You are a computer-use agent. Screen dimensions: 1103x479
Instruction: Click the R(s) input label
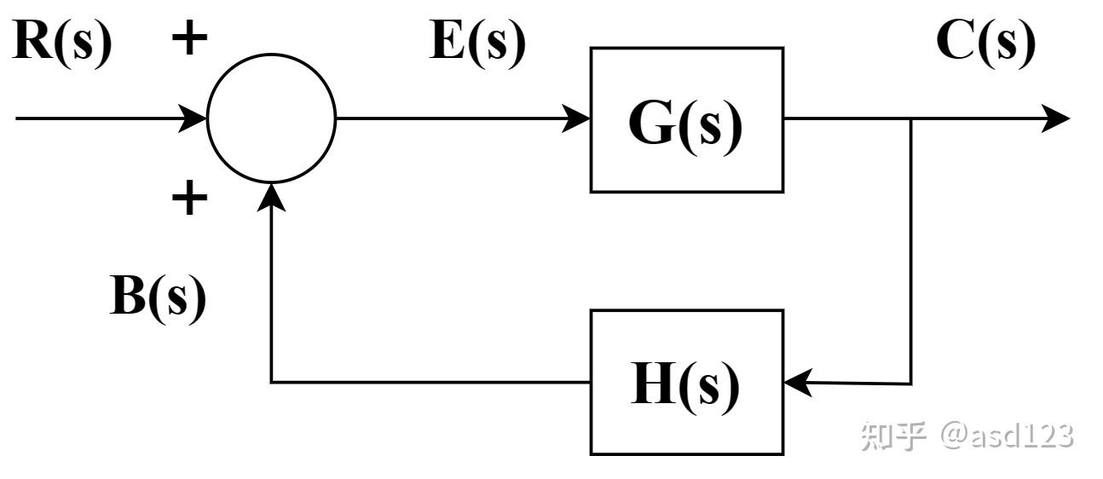[x=62, y=43]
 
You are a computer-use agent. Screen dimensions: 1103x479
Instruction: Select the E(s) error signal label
[x=477, y=43]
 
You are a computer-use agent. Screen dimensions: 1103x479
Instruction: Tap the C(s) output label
[x=985, y=43]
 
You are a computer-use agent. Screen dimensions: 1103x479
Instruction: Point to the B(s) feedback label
[x=158, y=298]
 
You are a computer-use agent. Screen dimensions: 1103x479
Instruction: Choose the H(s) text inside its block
[x=685, y=387]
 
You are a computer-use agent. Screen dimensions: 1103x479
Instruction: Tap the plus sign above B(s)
[x=189, y=198]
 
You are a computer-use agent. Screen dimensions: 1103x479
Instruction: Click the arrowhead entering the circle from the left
[x=192, y=118]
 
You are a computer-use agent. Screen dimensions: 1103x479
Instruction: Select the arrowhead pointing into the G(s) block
[x=576, y=118]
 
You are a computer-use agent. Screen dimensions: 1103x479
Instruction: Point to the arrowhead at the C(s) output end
[x=1056, y=118]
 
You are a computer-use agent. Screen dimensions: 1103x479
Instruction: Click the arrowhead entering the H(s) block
[x=798, y=383]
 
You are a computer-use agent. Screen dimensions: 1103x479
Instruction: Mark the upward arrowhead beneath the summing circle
[x=271, y=198]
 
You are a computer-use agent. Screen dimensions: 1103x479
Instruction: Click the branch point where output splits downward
[x=911, y=118]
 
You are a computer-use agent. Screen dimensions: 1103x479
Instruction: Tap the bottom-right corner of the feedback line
[x=911, y=384]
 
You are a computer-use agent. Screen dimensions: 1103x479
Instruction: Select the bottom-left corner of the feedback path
[x=271, y=382]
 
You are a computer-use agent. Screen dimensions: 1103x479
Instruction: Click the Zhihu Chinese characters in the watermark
[x=892, y=436]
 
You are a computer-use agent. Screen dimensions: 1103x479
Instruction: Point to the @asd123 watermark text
[x=1008, y=436]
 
